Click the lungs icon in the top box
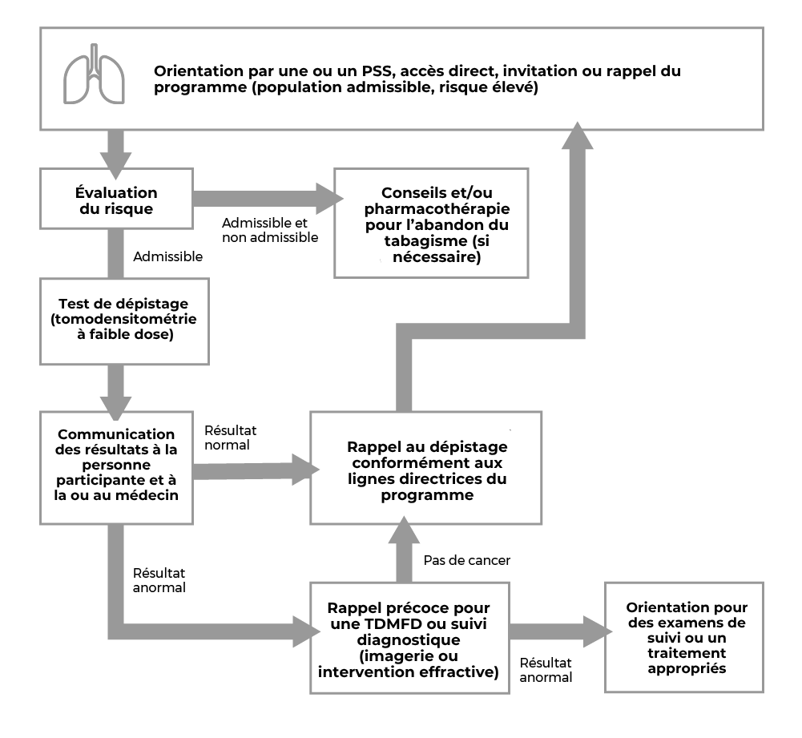pyautogui.click(x=94, y=75)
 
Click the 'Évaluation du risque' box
pyautogui.click(x=117, y=199)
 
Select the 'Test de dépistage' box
pyautogui.click(x=124, y=321)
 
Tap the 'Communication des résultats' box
pyautogui.click(x=117, y=467)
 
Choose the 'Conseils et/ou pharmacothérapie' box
pyautogui.click(x=431, y=223)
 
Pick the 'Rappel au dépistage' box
pyautogui.click(x=425, y=467)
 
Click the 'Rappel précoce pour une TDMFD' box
pyautogui.click(x=409, y=638)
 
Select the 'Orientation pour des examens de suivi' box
pyautogui.click(x=684, y=637)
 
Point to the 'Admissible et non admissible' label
pyautogui.click(x=270, y=230)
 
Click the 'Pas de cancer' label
pyautogui.click(x=467, y=561)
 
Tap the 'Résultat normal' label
pyautogui.click(x=231, y=438)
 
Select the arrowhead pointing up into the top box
pyautogui.click(x=578, y=135)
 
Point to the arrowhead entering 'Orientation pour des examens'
pyautogui.click(x=598, y=631)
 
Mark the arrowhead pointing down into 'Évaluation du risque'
pyautogui.click(x=115, y=166)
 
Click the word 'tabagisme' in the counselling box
pyautogui.click(x=425, y=241)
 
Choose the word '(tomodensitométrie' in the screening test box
pyautogui.click(x=123, y=319)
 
